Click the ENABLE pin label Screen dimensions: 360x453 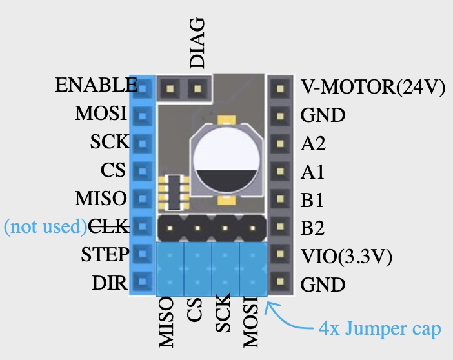96,85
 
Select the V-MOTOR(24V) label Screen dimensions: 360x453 373,87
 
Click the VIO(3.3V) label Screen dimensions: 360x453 347,255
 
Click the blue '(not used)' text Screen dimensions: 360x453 45,226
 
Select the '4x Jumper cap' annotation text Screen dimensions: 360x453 380,330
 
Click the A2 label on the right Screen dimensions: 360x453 313,143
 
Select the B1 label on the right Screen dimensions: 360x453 312,200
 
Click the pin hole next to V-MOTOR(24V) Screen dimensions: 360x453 279,86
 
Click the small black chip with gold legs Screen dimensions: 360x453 173,192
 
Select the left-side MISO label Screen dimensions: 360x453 101,197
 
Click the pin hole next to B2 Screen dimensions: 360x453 279,227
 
